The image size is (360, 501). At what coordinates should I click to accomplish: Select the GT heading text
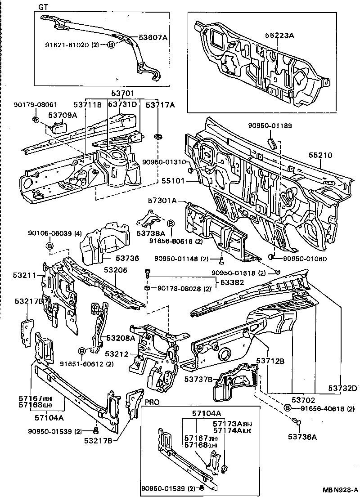point(43,7)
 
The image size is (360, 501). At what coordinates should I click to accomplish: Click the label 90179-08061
point(29,104)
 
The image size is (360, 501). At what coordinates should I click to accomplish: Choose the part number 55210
point(320,155)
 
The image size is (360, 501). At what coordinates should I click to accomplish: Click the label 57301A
point(163,201)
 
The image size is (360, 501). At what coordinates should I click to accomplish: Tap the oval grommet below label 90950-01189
point(271,143)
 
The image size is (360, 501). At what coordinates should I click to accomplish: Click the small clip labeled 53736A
point(297,422)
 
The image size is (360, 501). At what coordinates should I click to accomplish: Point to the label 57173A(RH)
point(228,424)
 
